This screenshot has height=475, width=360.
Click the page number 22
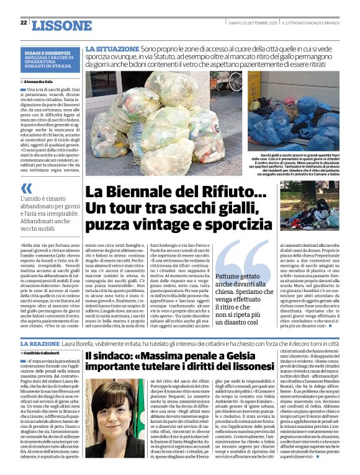pos(24,23)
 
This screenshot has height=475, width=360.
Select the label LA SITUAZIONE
pos(112,48)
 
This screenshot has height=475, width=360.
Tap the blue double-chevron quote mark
pos(25,189)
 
